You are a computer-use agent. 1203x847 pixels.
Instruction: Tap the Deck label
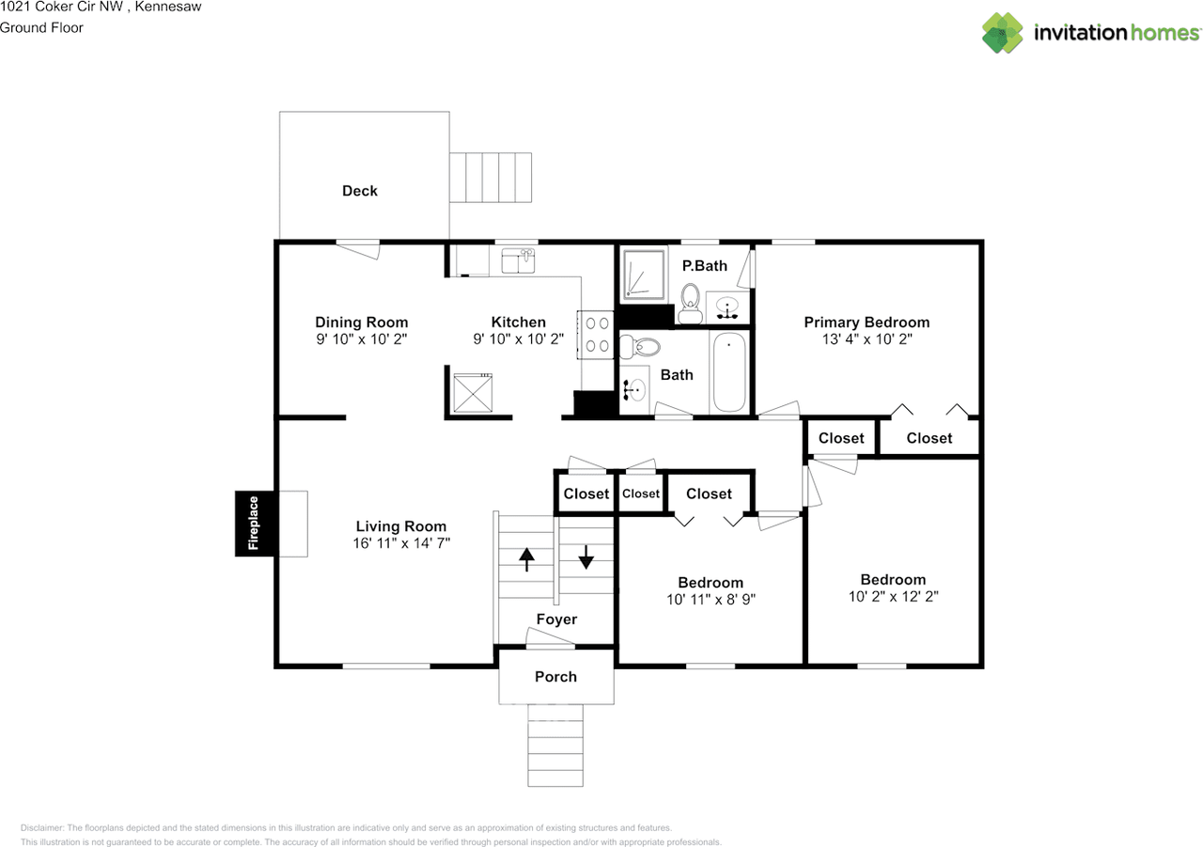tap(360, 191)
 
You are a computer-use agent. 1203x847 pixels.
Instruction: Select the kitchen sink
tap(518, 260)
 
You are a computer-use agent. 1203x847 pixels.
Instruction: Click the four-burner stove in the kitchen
tap(596, 335)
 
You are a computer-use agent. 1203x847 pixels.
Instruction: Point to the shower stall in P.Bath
tap(645, 274)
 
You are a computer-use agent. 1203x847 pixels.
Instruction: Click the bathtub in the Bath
tap(728, 371)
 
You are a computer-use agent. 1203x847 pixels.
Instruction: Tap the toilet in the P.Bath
tap(690, 304)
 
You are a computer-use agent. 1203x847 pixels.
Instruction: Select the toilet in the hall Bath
tap(640, 348)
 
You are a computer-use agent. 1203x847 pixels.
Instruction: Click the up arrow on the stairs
tap(527, 559)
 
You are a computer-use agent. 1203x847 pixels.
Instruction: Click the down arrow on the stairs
tap(586, 557)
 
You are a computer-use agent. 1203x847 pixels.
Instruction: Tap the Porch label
tap(555, 677)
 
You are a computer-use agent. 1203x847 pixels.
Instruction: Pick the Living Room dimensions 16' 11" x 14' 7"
tap(401, 543)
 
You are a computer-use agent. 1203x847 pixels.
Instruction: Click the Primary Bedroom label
tap(867, 322)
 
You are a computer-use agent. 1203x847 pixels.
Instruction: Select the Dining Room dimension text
tap(362, 339)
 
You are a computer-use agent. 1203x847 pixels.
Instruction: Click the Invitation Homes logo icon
tap(1002, 33)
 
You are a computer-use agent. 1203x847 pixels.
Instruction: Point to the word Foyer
tap(556, 620)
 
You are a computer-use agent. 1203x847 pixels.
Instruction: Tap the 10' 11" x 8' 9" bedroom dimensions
tap(711, 600)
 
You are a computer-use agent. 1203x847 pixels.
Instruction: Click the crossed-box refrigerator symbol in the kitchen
tap(473, 393)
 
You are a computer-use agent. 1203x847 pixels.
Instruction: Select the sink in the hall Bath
tap(633, 389)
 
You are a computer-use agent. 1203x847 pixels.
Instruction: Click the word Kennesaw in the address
tap(168, 7)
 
